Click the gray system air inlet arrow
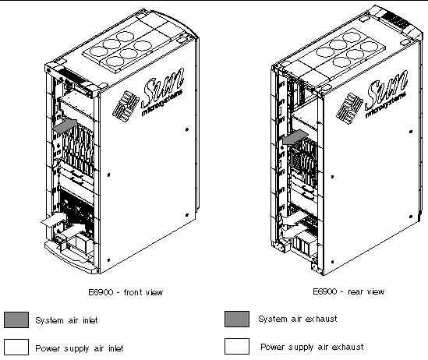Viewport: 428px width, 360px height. pos(65,126)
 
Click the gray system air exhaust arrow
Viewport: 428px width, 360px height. pos(295,137)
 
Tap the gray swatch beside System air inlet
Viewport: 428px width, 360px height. pos(16,320)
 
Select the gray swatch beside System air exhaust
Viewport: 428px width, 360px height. pos(237,319)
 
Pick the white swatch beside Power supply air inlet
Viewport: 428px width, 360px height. pos(16,348)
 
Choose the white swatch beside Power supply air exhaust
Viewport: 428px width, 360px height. pos(237,346)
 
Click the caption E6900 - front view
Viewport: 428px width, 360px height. pos(126,292)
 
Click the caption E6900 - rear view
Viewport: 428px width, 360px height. pos(348,291)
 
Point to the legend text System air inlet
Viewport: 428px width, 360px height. pos(66,320)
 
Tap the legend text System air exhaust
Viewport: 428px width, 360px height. pos(298,319)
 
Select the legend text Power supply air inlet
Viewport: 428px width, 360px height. pos(80,348)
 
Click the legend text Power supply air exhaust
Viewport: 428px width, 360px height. pos(312,347)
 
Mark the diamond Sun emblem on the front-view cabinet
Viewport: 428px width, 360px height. pos(126,106)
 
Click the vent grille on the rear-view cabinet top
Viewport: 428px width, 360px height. pos(395,20)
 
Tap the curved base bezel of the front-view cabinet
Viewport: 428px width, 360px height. pos(70,257)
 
